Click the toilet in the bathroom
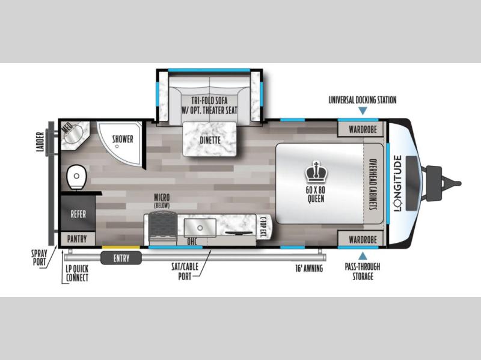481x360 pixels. coord(76,177)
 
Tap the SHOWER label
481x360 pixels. coord(123,139)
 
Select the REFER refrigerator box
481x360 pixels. coord(78,214)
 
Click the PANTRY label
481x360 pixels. coord(77,239)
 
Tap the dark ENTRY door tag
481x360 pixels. coord(121,258)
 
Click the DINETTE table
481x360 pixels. coord(210,139)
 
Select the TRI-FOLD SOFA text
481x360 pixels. coord(209,100)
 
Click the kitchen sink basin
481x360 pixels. coord(200,228)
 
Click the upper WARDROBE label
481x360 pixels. coord(363,129)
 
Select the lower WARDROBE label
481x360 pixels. coord(363,239)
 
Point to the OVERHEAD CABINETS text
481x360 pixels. coord(373,185)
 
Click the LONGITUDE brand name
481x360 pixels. coord(398,183)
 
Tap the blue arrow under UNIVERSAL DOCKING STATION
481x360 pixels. coord(363,111)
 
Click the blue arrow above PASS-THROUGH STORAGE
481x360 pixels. coord(363,256)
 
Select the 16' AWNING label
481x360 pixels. coord(309,269)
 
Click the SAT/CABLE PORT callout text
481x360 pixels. coord(185,272)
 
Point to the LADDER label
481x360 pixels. coord(40,142)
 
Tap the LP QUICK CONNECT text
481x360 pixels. coord(77,273)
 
